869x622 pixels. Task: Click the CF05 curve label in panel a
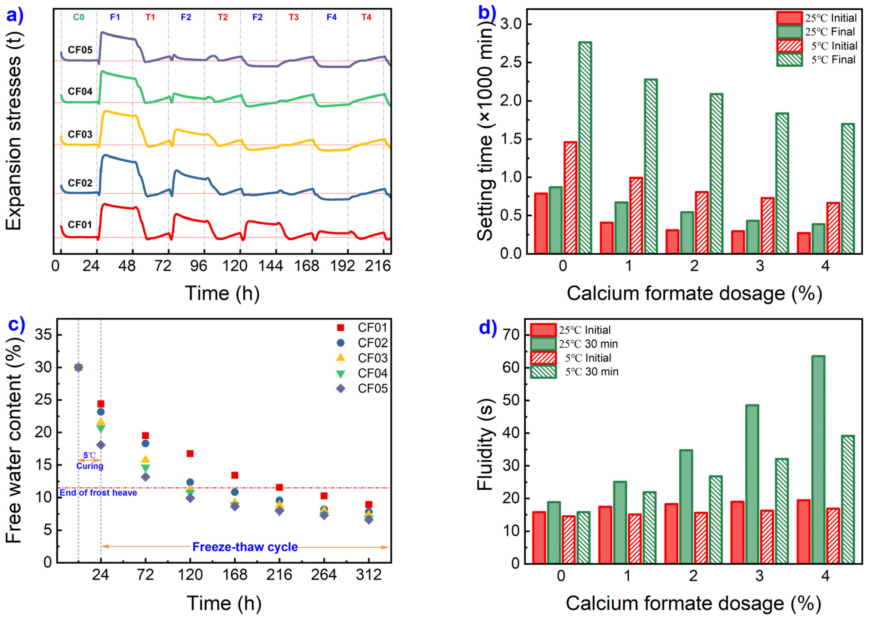click(x=80, y=50)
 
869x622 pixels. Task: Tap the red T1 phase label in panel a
click(x=150, y=17)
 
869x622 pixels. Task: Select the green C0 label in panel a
click(x=79, y=17)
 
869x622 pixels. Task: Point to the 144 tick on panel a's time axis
click(x=270, y=266)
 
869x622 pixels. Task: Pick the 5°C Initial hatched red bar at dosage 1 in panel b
click(x=636, y=215)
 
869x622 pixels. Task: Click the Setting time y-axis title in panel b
click(x=485, y=130)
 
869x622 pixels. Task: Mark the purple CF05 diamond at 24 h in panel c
click(x=101, y=445)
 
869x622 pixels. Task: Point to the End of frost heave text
click(x=98, y=492)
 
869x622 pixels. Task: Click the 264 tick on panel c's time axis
click(x=324, y=575)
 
